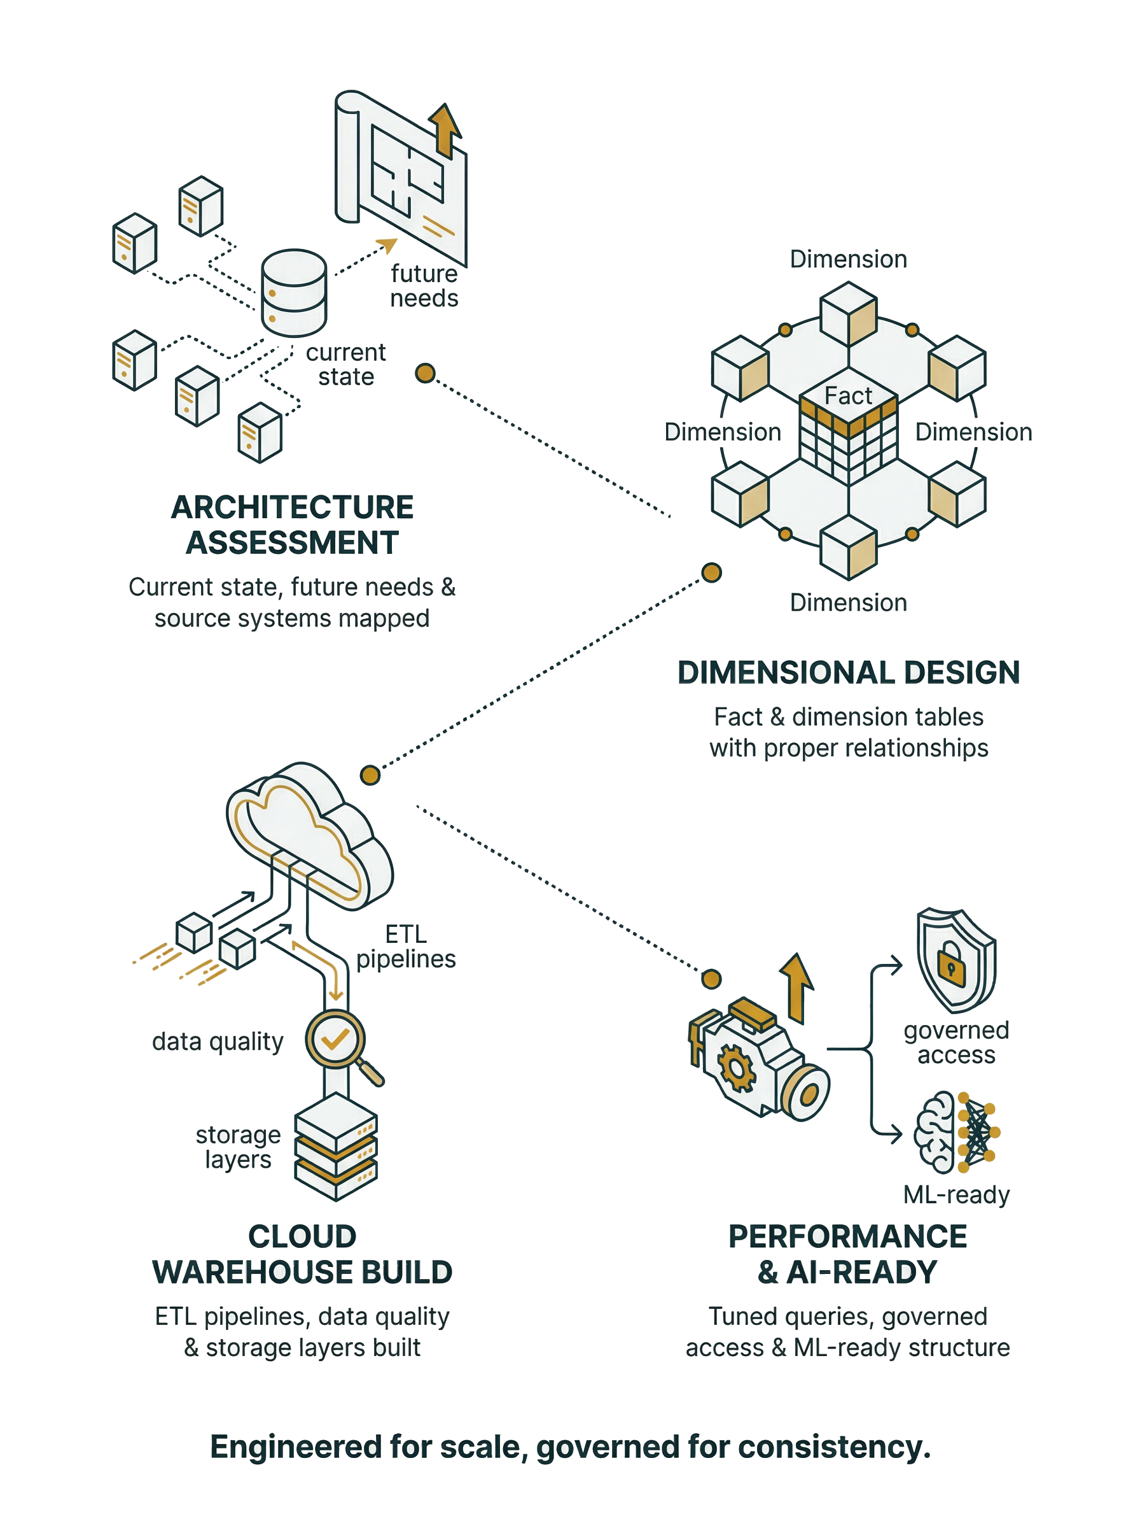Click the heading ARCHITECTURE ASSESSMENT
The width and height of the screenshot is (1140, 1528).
point(292,525)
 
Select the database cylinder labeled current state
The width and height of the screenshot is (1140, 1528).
point(294,294)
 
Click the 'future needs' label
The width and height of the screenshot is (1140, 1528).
point(424,286)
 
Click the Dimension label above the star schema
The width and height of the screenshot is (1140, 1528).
point(848,259)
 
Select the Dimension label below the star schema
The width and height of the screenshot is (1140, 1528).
point(848,603)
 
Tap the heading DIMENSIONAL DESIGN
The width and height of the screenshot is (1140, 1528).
point(848,672)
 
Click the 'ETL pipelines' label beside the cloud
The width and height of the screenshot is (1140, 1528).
point(406,947)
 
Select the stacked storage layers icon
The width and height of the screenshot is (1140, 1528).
point(336,1147)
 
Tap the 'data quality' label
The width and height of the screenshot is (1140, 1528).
point(218,1041)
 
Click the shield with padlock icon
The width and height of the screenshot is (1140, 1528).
point(956,959)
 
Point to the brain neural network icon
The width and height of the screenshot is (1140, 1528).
point(956,1133)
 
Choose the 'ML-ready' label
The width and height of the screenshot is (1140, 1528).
point(956,1194)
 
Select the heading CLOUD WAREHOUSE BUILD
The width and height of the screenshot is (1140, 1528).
point(302,1254)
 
